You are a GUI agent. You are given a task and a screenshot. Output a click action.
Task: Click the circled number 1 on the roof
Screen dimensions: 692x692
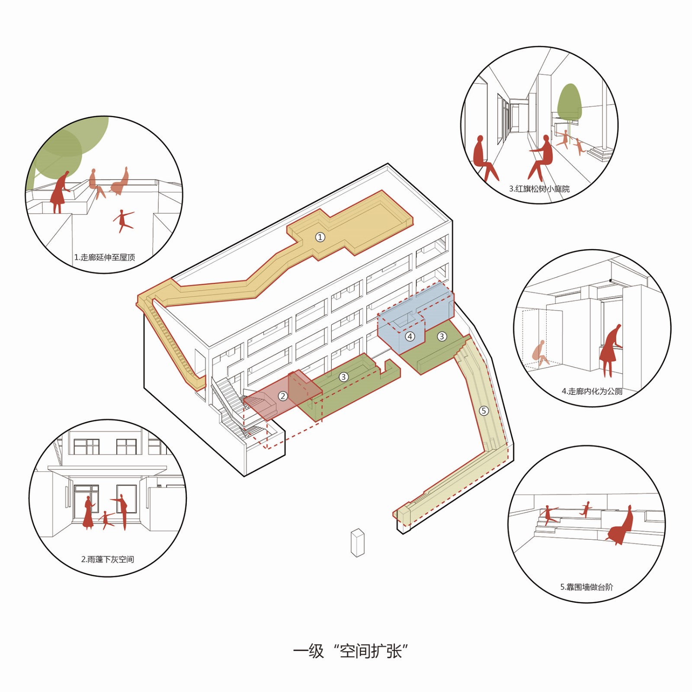(x=320, y=237)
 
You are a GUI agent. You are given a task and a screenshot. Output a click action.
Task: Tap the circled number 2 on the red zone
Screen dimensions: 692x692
(x=283, y=396)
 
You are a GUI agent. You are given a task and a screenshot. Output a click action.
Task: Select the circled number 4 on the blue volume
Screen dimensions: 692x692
(x=410, y=336)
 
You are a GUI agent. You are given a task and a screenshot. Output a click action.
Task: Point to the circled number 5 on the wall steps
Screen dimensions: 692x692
(x=484, y=410)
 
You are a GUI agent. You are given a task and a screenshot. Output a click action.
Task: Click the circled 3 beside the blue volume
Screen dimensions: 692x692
(x=442, y=336)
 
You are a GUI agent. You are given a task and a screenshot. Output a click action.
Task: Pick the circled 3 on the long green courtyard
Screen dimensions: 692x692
(x=343, y=377)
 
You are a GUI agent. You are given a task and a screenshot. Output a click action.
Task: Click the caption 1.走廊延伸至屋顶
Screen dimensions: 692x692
(x=105, y=257)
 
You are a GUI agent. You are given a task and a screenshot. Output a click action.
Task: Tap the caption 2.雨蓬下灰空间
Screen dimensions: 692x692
(x=108, y=559)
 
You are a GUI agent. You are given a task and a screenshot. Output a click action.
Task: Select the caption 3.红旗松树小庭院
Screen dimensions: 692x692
(x=539, y=189)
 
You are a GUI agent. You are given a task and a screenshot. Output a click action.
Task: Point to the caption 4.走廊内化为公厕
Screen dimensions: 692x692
(x=592, y=391)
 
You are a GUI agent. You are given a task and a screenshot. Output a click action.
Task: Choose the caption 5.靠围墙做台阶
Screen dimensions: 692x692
(x=586, y=587)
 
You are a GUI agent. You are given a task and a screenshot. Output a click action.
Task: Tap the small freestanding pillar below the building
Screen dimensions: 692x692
(x=358, y=543)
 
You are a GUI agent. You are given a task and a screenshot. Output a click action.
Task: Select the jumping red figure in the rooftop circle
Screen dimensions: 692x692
(x=124, y=221)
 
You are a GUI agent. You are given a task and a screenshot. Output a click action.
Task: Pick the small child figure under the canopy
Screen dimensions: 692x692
(x=106, y=520)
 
